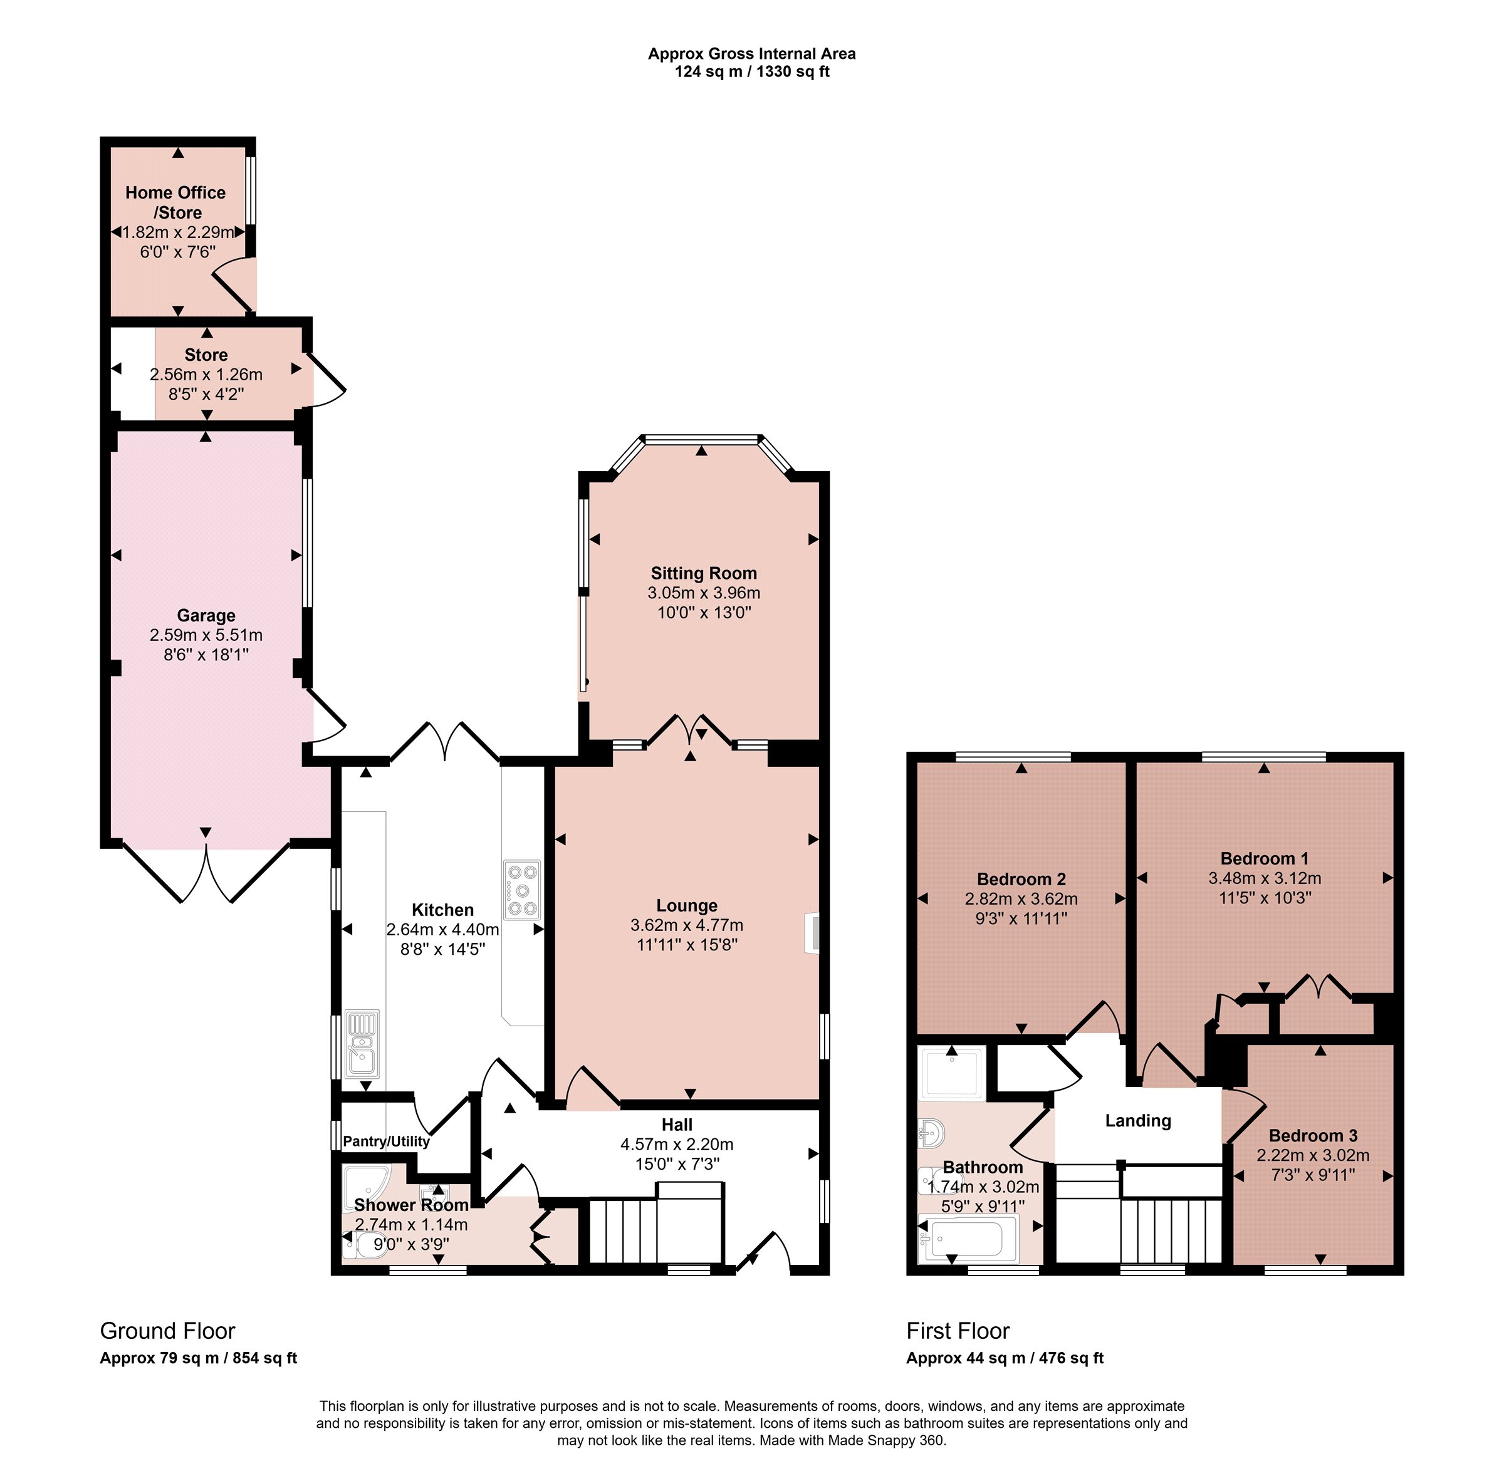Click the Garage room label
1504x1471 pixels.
point(206,616)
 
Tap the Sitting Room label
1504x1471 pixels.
point(703,573)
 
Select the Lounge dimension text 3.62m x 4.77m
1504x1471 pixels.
point(686,925)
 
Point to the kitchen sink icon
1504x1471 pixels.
point(362,1044)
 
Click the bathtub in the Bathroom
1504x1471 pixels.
point(968,1239)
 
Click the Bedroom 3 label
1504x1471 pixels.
point(1313,1136)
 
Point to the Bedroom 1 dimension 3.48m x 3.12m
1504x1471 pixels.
point(1265,878)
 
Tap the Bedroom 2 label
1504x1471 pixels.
point(1021,879)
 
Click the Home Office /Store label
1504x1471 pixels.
point(176,202)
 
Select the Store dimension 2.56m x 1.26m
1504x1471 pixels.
point(206,375)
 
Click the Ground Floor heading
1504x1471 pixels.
point(168,1331)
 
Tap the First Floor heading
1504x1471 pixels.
point(958,1331)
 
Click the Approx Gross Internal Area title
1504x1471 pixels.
point(751,54)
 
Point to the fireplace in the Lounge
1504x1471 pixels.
point(812,933)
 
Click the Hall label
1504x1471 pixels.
point(677,1125)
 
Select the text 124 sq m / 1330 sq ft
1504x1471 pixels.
point(751,72)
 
